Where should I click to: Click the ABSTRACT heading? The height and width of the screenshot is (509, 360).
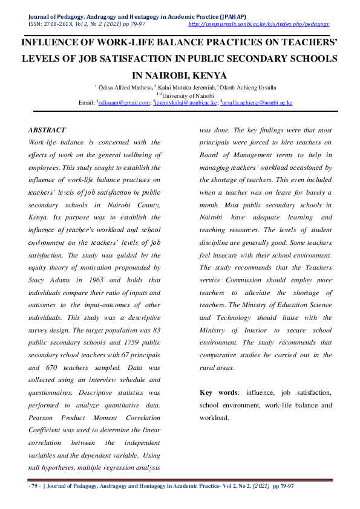[47, 130]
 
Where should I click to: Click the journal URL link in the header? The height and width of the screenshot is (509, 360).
[259, 24]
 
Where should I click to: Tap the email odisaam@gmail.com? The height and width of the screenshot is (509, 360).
[125, 103]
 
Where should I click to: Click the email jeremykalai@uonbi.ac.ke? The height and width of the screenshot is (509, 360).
[186, 103]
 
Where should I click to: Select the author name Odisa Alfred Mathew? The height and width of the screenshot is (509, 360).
[124, 87]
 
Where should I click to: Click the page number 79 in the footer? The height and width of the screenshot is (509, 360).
[35, 487]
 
